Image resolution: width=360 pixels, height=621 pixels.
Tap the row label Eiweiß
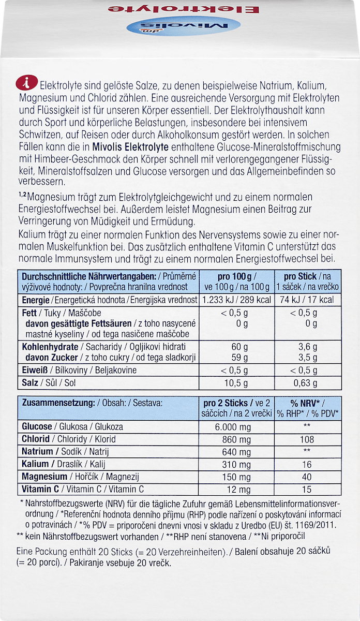click(x=34, y=370)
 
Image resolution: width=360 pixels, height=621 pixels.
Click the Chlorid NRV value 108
click(x=307, y=439)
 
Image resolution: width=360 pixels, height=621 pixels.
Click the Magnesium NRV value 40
click(x=307, y=477)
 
